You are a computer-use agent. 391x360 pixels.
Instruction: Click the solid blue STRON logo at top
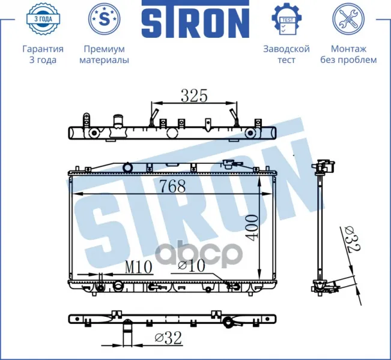196,19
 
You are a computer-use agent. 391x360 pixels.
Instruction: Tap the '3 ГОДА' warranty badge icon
43,19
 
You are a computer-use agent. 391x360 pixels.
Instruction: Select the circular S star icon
105,19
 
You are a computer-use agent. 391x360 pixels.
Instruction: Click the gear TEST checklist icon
286,19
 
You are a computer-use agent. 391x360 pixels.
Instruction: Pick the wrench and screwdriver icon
348,19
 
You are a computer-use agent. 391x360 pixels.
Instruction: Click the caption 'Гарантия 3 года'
43,55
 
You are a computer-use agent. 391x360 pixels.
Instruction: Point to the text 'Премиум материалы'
105,55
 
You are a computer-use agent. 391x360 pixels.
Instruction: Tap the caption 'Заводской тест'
286,55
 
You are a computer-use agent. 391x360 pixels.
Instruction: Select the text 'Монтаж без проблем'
348,55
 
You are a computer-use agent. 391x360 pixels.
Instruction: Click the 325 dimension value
194,95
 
